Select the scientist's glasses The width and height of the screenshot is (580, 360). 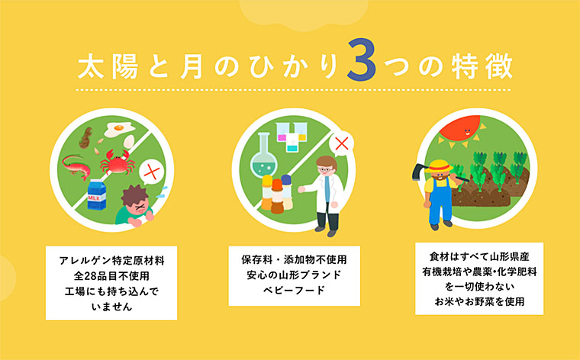(327, 167)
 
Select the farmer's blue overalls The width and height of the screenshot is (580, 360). (440, 201)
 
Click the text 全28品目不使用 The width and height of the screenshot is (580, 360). (111, 275)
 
